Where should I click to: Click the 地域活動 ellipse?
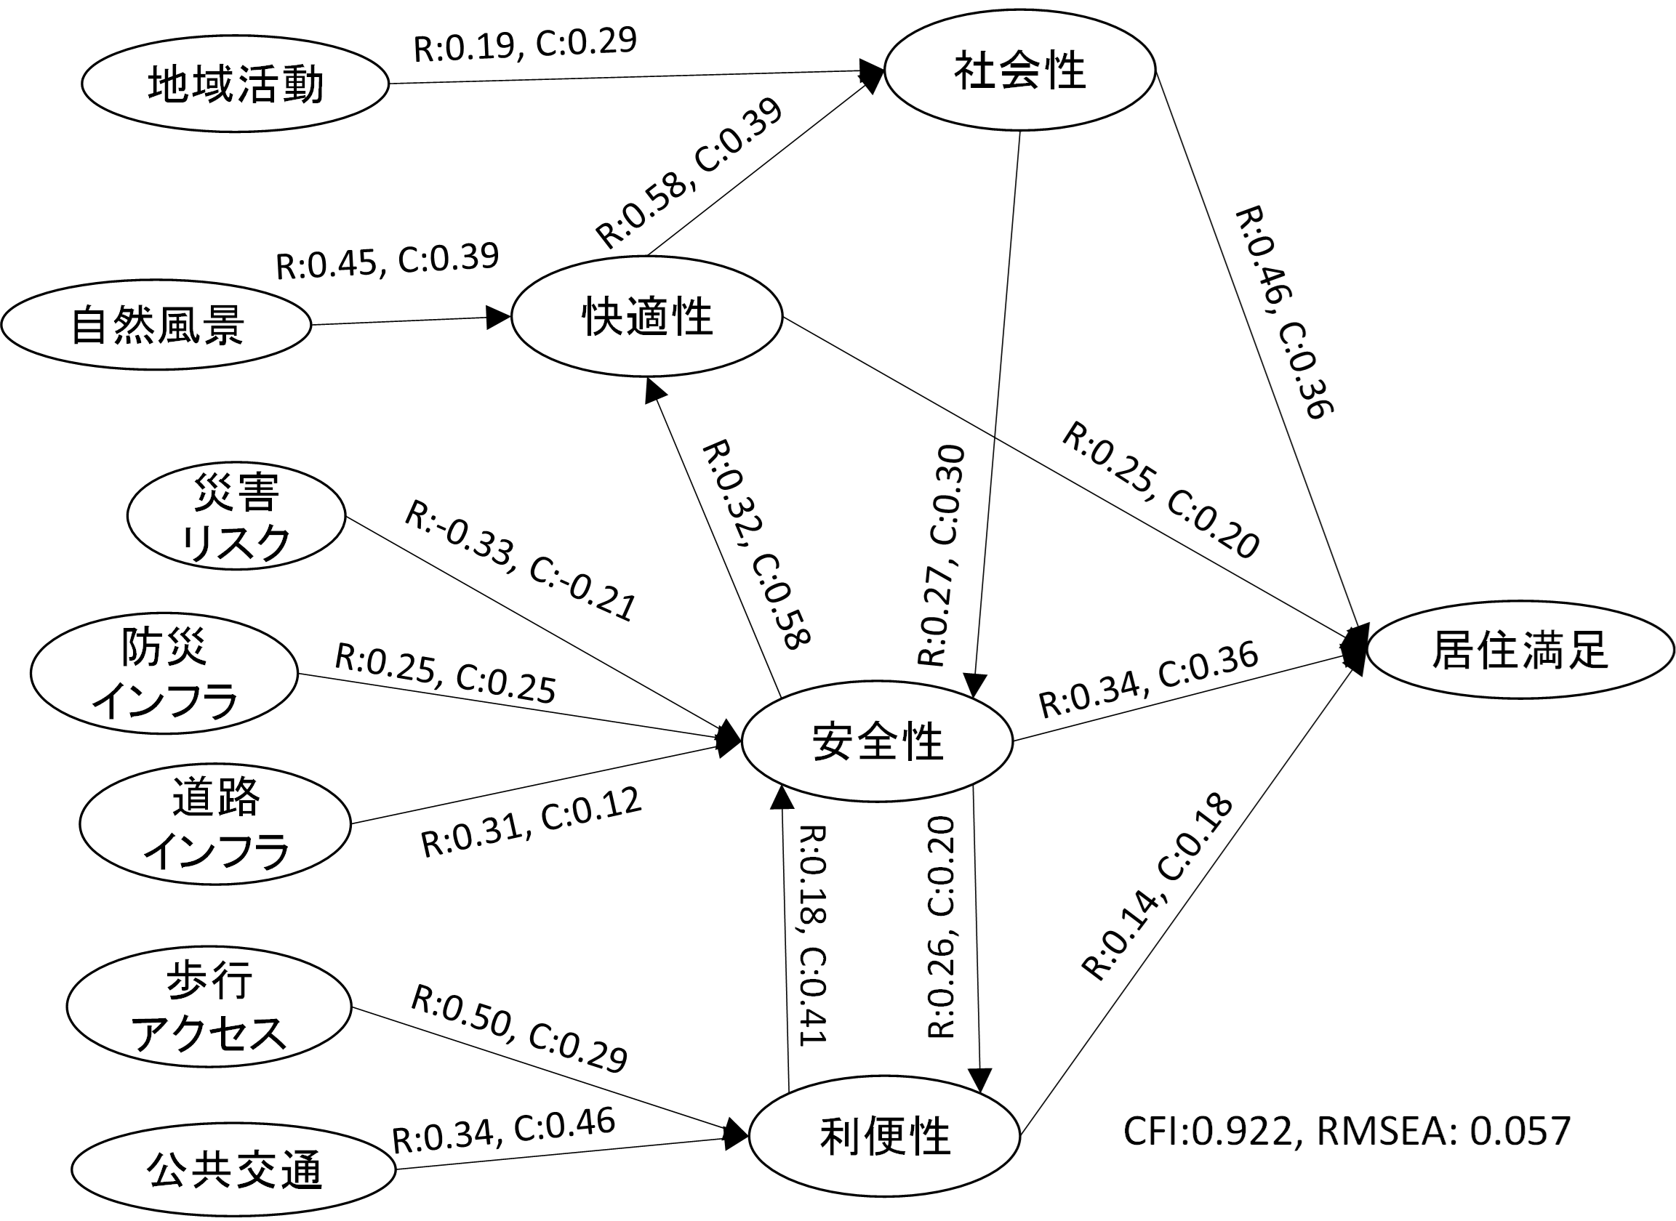(x=235, y=84)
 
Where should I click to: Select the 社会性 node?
(x=1019, y=70)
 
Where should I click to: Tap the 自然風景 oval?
(x=156, y=324)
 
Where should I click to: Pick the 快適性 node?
(x=647, y=316)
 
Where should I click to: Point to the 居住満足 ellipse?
(x=1520, y=650)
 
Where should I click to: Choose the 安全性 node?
(x=877, y=741)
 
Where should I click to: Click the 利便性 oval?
(x=884, y=1136)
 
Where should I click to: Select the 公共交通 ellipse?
(x=233, y=1169)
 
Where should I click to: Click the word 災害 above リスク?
(x=236, y=492)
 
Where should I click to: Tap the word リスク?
(x=236, y=543)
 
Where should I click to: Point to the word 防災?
(x=164, y=647)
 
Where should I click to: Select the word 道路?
(x=216, y=797)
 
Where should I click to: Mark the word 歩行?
(x=209, y=980)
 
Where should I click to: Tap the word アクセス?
(x=209, y=1033)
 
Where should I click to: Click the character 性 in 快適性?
(x=692, y=316)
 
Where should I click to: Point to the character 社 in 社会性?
(x=974, y=71)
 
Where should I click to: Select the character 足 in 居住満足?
(x=1587, y=650)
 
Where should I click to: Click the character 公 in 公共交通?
(x=167, y=1169)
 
